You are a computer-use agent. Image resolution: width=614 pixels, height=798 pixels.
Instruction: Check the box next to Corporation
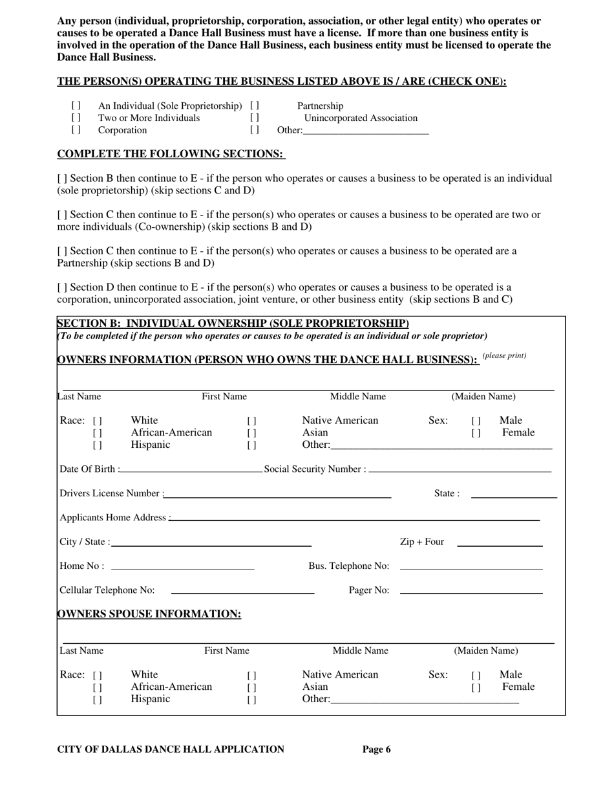(76, 130)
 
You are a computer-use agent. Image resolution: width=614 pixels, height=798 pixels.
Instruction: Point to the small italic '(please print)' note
(504, 355)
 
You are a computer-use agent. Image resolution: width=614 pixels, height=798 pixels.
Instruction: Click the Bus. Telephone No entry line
(471, 568)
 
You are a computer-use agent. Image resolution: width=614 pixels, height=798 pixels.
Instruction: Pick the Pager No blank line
(471, 591)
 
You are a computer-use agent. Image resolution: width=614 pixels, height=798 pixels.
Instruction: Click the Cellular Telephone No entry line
(242, 591)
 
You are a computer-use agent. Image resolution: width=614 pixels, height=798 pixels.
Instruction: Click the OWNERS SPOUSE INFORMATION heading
(149, 614)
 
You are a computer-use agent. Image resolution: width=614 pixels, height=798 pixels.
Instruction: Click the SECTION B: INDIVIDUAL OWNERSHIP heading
(233, 323)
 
